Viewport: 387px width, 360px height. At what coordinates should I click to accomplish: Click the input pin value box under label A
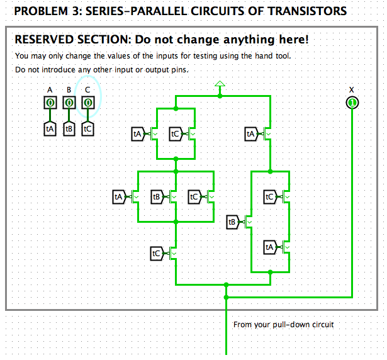50,102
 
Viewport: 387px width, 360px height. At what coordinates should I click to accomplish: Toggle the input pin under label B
69,102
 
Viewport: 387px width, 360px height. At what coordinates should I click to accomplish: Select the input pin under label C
88,102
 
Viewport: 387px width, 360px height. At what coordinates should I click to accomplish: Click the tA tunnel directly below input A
50,128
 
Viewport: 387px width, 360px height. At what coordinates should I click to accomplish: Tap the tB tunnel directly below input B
69,128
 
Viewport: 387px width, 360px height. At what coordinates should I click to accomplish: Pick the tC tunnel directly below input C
88,128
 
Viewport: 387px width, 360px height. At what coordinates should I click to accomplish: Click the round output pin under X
352,102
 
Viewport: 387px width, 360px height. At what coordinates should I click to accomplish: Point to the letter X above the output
352,89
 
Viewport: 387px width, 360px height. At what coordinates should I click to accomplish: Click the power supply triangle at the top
220,84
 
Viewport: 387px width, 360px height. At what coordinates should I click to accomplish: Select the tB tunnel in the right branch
232,222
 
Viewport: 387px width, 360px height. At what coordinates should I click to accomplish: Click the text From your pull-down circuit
283,325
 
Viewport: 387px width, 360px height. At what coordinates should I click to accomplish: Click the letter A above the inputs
50,89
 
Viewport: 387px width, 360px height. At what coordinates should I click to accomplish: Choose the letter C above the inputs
88,89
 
